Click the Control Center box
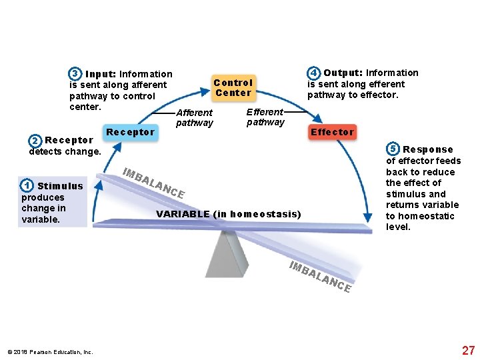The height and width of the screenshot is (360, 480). point(233,87)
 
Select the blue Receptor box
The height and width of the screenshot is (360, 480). point(131,132)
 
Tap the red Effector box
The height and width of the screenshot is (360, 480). point(332,132)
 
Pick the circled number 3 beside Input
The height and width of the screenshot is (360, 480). point(75,74)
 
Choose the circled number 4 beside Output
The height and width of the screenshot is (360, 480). point(313,73)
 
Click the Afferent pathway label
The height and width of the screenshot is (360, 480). point(194,118)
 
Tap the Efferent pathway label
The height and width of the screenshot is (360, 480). point(265,117)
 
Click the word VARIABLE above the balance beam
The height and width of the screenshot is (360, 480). point(182,214)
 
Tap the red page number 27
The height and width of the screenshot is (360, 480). point(468,351)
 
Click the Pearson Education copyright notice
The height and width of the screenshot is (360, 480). point(50,352)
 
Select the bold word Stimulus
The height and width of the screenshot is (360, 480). point(60,186)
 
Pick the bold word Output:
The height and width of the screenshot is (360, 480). point(343,73)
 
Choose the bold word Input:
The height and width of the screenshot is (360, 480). point(101,74)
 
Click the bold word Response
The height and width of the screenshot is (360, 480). point(427,149)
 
